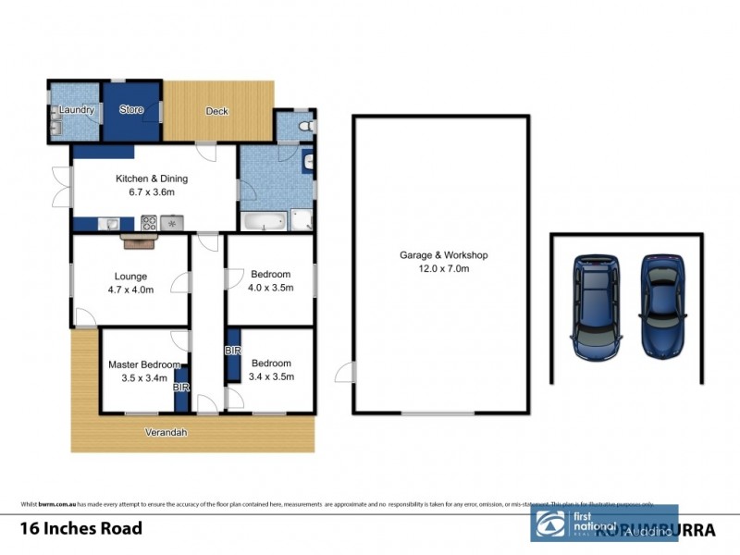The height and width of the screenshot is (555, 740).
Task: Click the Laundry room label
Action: click(x=77, y=110)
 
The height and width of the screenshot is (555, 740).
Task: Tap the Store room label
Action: click(x=132, y=110)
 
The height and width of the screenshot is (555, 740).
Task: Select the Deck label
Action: click(x=217, y=111)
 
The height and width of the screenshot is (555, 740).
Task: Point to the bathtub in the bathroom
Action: click(x=263, y=221)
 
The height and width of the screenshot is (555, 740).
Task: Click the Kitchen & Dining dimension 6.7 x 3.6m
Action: click(x=152, y=192)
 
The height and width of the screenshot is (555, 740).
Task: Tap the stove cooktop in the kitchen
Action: click(x=149, y=222)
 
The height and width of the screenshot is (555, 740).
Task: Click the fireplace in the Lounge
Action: click(x=140, y=241)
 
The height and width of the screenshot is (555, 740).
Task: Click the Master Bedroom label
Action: click(x=143, y=364)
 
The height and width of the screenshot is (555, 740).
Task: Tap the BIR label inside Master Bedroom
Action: click(x=181, y=388)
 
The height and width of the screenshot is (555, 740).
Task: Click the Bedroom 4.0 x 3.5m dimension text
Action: click(x=271, y=287)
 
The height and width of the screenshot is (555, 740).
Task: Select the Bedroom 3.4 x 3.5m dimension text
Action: click(x=271, y=376)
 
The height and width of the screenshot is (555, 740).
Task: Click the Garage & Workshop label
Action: click(x=442, y=255)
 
